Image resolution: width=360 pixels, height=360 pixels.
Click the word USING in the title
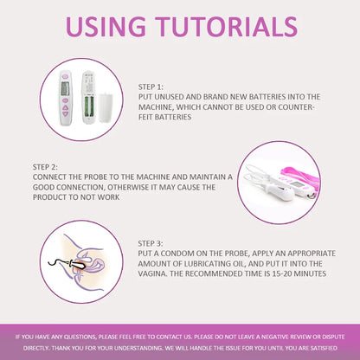[106, 27]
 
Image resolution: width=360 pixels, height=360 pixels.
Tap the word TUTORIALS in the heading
[226, 27]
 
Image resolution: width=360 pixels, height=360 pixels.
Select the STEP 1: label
[151, 87]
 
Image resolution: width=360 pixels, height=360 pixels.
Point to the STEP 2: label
[45, 167]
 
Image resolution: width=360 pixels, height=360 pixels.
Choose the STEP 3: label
[151, 243]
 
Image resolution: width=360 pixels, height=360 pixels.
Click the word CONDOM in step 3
[177, 254]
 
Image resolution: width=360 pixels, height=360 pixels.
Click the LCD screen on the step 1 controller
[66, 88]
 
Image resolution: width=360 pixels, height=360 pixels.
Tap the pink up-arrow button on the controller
[66, 108]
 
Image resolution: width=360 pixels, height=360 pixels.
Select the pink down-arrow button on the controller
[66, 114]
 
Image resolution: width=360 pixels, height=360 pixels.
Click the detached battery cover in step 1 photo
[106, 107]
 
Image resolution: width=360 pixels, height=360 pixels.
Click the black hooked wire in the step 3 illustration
[58, 262]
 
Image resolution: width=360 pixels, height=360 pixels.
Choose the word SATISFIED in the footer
[324, 348]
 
